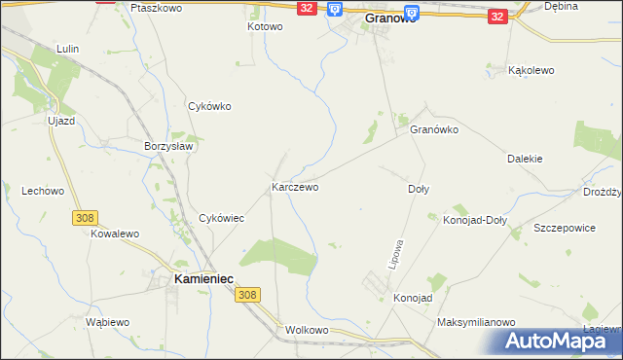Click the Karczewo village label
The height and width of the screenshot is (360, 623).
pyautogui.click(x=295, y=186)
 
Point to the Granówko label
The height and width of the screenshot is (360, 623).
pyautogui.click(x=434, y=128)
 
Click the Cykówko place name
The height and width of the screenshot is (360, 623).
pyautogui.click(x=209, y=107)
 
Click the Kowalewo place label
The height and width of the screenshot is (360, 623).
pyautogui.click(x=116, y=234)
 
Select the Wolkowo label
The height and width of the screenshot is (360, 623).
pyautogui.click(x=308, y=330)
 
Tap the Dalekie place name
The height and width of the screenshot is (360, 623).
pyautogui.click(x=525, y=159)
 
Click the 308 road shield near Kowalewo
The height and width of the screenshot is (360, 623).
pyautogui.click(x=83, y=220)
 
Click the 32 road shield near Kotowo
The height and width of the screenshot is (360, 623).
pyautogui.click(x=307, y=8)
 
